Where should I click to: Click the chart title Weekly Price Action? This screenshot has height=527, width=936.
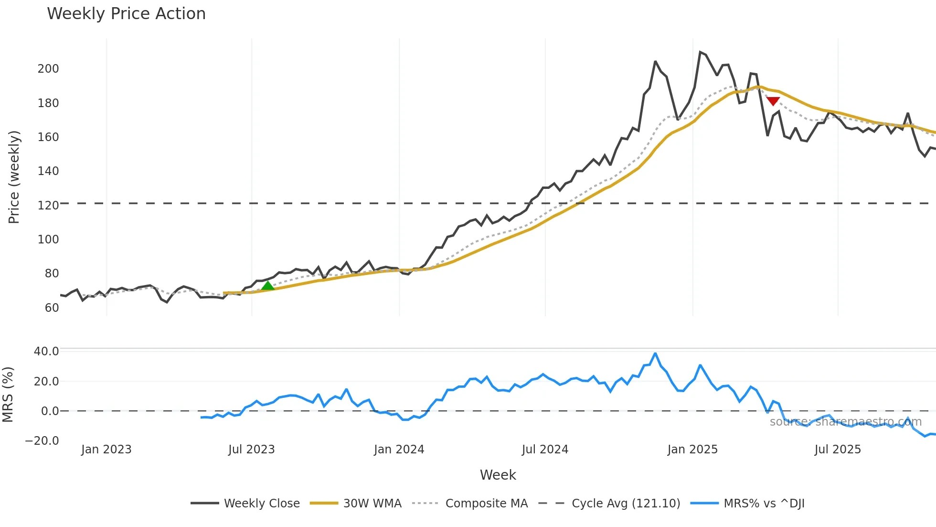coord(126,14)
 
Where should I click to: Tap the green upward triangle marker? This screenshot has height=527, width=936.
coord(268,286)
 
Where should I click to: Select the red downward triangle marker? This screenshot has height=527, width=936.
coord(773,101)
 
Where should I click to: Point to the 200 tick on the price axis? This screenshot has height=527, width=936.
coord(48,69)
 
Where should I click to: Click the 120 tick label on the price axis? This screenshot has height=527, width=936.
coord(48,206)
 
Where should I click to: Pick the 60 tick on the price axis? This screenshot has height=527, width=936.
coord(52,308)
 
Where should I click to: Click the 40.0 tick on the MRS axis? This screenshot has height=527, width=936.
coord(46,351)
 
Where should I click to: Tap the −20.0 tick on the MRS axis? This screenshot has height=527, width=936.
coord(42,441)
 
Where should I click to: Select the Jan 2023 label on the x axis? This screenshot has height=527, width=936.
coord(106,450)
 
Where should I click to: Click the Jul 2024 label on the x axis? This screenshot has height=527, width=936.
coord(545,450)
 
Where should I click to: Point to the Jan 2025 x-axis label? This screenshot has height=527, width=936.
coord(692,450)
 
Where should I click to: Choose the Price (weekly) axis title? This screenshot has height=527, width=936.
coord(14,177)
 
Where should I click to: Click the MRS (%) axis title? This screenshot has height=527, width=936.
coord(8,395)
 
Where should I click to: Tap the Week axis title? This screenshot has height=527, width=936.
coord(498,475)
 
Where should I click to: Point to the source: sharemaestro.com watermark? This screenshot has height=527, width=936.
coord(845,422)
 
